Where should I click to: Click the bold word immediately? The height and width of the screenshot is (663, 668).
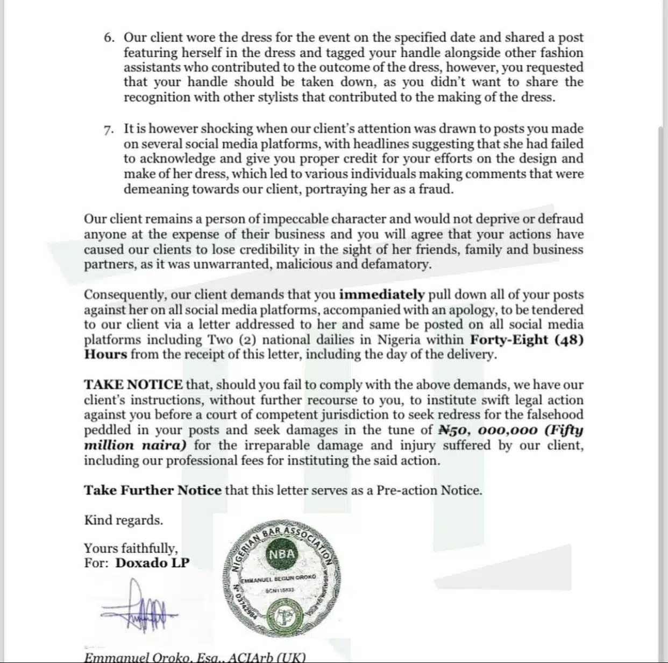(382, 295)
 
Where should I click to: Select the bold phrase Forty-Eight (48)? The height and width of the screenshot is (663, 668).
(527, 340)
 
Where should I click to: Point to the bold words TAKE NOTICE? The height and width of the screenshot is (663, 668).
(133, 385)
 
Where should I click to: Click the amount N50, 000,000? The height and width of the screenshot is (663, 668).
(488, 430)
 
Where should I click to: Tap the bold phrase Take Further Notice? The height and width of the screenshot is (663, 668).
(153, 490)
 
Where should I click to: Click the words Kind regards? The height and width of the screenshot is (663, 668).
(123, 520)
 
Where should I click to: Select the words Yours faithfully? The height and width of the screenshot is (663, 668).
(131, 548)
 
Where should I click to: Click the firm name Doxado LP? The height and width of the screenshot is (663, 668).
(153, 563)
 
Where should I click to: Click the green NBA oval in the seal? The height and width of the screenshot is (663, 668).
(281, 554)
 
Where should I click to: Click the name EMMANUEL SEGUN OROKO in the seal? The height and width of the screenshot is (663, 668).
(280, 579)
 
